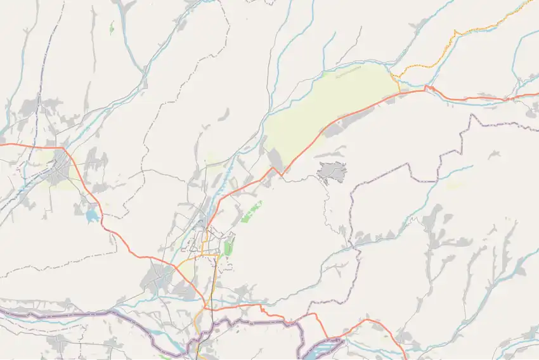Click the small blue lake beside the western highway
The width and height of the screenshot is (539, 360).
tap(92, 216)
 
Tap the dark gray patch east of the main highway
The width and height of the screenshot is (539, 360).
tap(332, 171)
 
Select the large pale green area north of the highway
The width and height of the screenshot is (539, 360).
tap(330, 108)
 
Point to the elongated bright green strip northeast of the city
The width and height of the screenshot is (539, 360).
tap(251, 212)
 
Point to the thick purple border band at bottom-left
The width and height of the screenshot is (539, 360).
tap(63, 312)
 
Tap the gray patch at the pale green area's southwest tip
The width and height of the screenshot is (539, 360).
tap(275, 159)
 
